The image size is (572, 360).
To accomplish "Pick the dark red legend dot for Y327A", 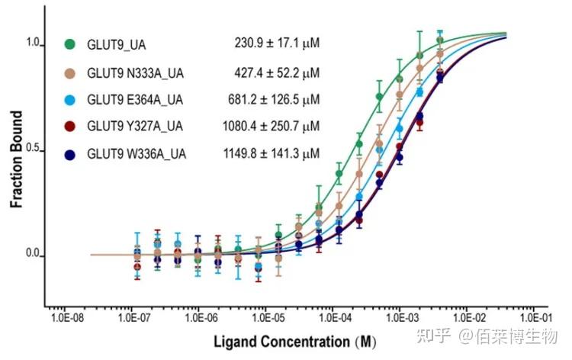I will tap(70, 126).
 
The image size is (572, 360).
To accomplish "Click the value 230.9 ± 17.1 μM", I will tap(276, 43).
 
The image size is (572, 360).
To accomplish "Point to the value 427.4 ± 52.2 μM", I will tap(276, 72).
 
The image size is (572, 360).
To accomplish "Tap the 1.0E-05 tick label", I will tap(265, 313).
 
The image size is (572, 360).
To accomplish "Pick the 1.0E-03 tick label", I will tap(399, 313).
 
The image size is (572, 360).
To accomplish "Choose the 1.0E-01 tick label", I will tap(534, 313).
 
